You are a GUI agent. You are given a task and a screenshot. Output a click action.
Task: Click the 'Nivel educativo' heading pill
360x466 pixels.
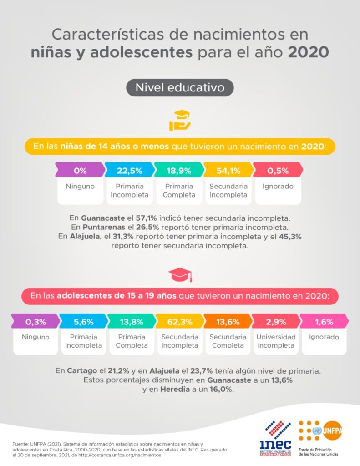coord(180,87)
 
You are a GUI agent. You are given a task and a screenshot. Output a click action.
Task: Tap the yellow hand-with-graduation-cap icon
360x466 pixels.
coord(180,121)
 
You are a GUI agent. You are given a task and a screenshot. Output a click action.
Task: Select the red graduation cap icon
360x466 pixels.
coord(180,274)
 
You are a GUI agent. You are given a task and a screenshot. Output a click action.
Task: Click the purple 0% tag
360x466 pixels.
coord(80,171)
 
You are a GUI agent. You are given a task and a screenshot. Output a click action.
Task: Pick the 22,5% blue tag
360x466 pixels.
coord(129,171)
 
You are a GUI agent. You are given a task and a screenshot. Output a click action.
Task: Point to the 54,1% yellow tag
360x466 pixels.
coord(228,171)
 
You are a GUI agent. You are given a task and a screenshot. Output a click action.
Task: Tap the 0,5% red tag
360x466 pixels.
coord(278,171)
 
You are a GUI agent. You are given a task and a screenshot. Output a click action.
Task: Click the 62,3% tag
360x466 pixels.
coord(179,322)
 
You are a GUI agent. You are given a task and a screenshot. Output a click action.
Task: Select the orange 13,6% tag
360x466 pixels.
coord(228,322)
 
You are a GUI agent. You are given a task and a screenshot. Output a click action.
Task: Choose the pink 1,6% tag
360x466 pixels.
coord(324,322)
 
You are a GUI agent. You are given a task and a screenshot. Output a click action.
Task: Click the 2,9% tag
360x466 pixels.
coord(276,322)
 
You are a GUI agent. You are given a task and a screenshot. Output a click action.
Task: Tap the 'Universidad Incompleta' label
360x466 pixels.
coord(276,341)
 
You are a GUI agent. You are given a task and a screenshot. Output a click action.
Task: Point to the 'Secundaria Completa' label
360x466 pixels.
coord(228,341)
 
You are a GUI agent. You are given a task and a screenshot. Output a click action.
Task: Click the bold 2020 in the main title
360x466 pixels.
coord(308,51)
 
